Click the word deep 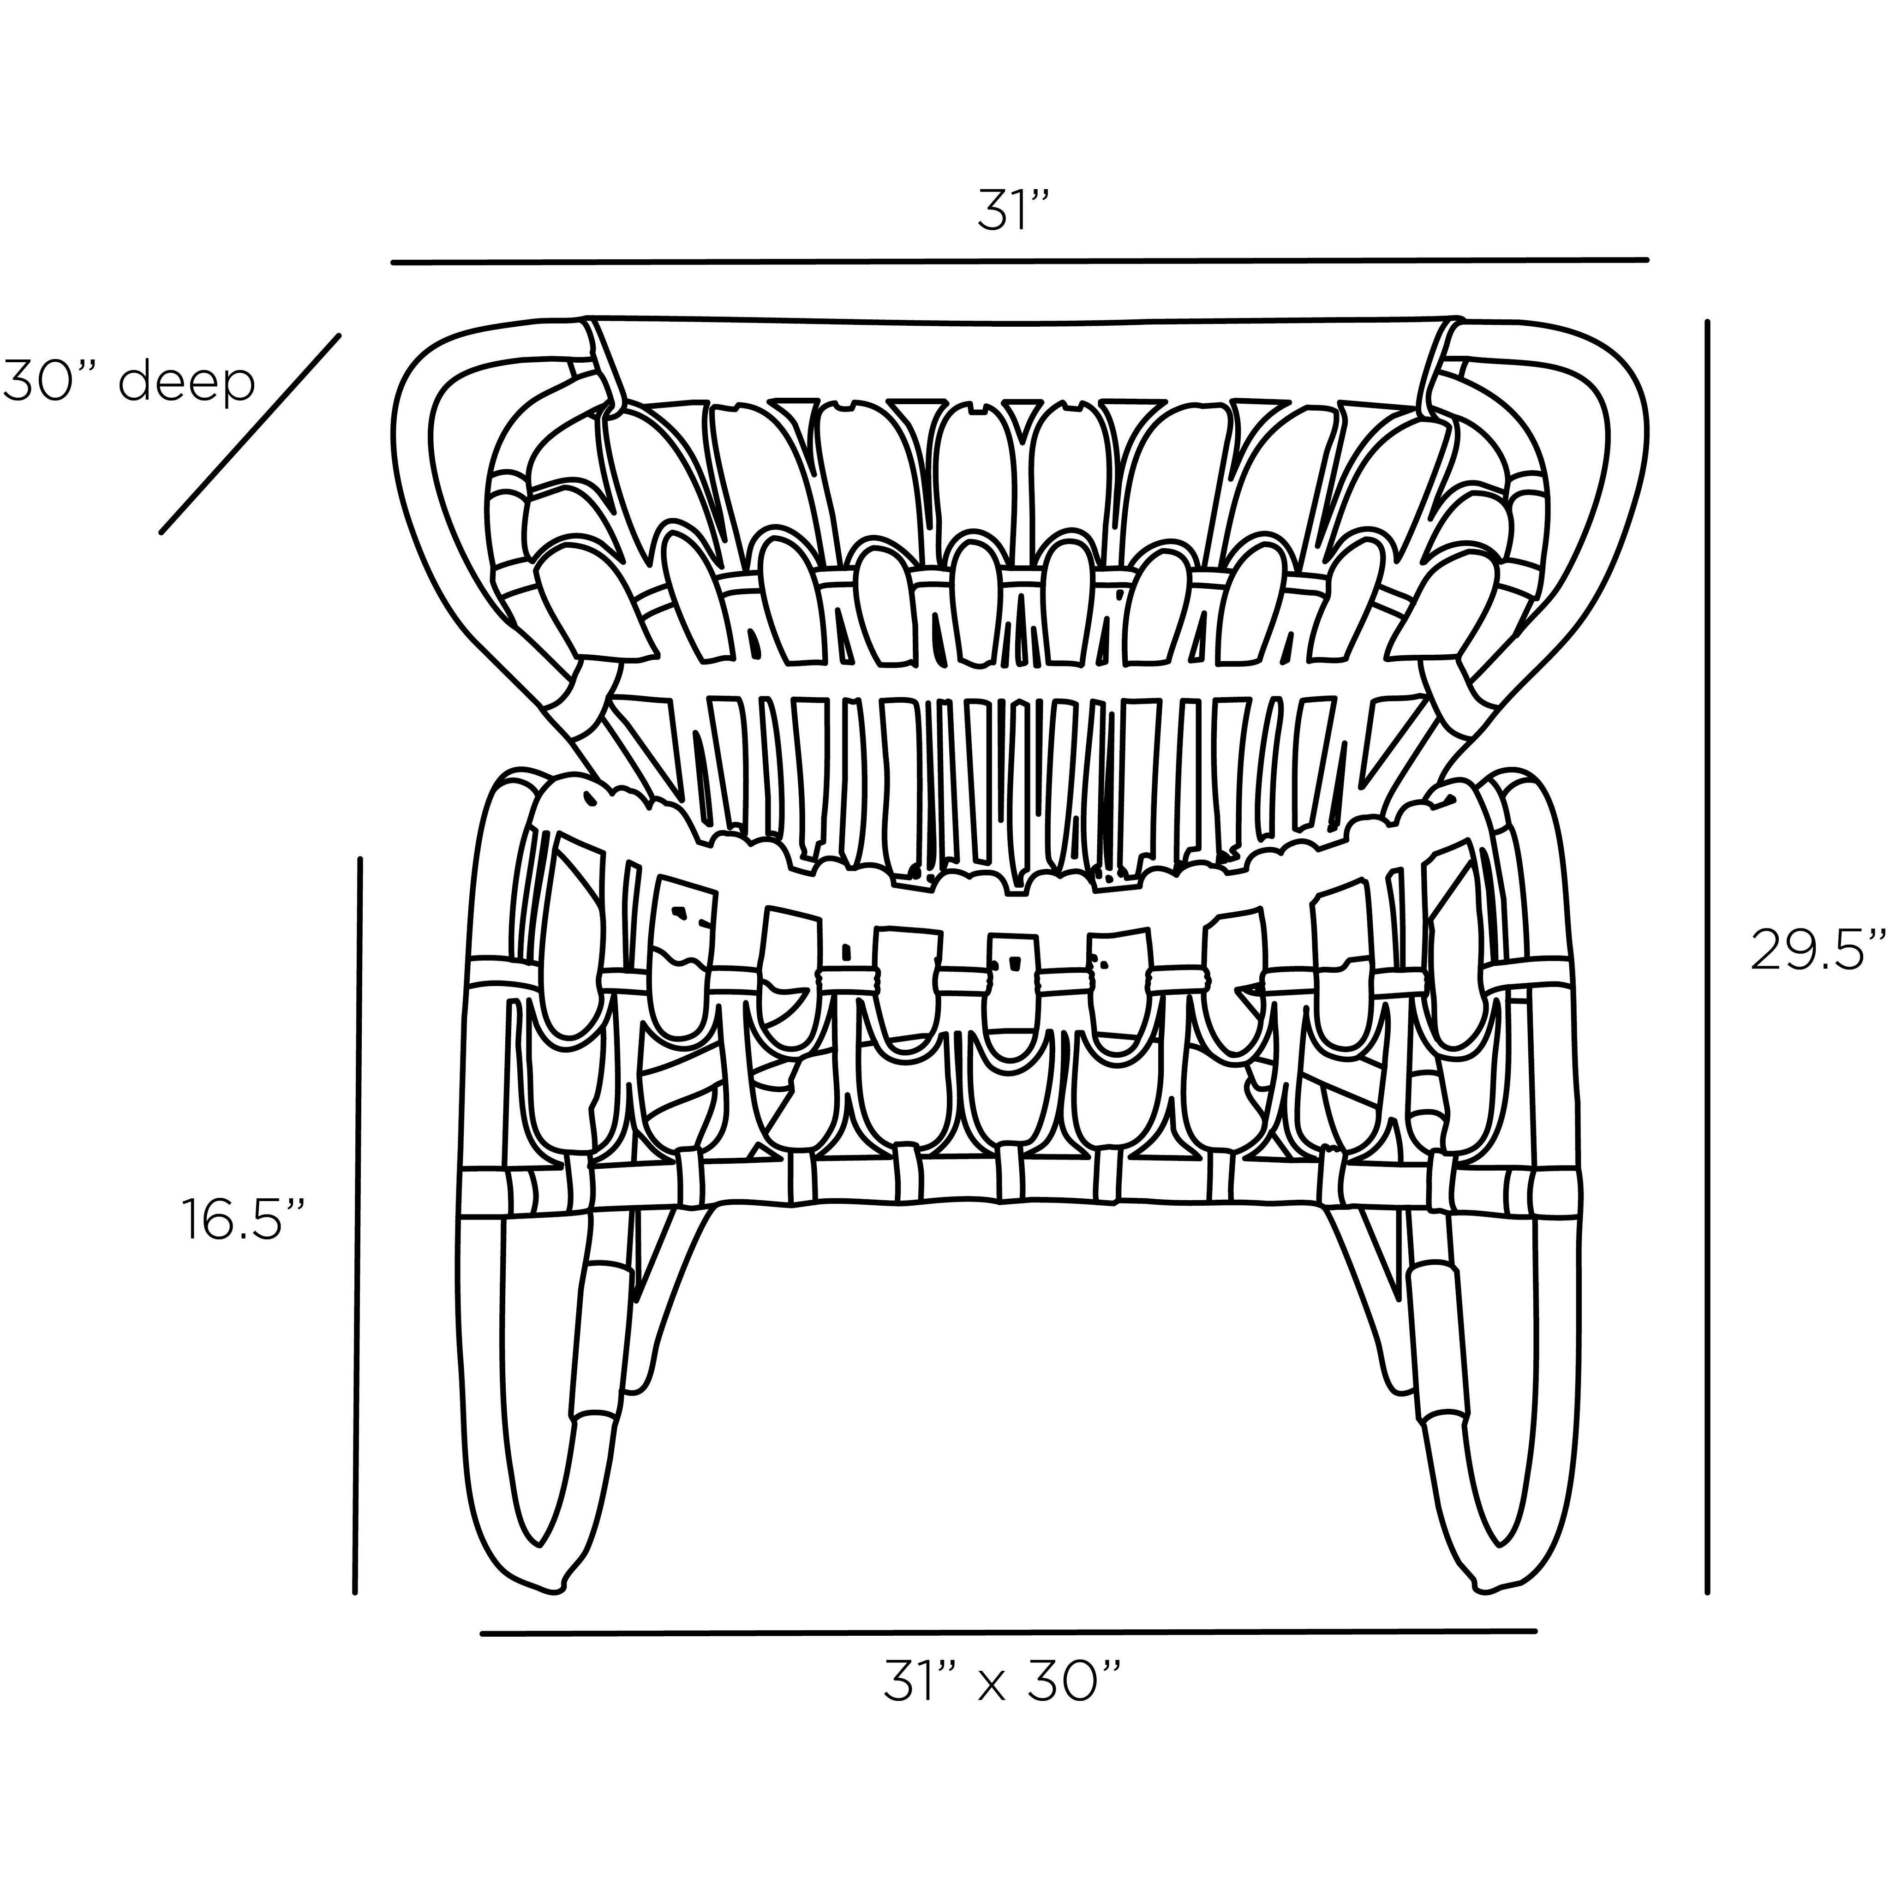pyautogui.click(x=186, y=383)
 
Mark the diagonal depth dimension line pyautogui.click(x=251, y=434)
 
